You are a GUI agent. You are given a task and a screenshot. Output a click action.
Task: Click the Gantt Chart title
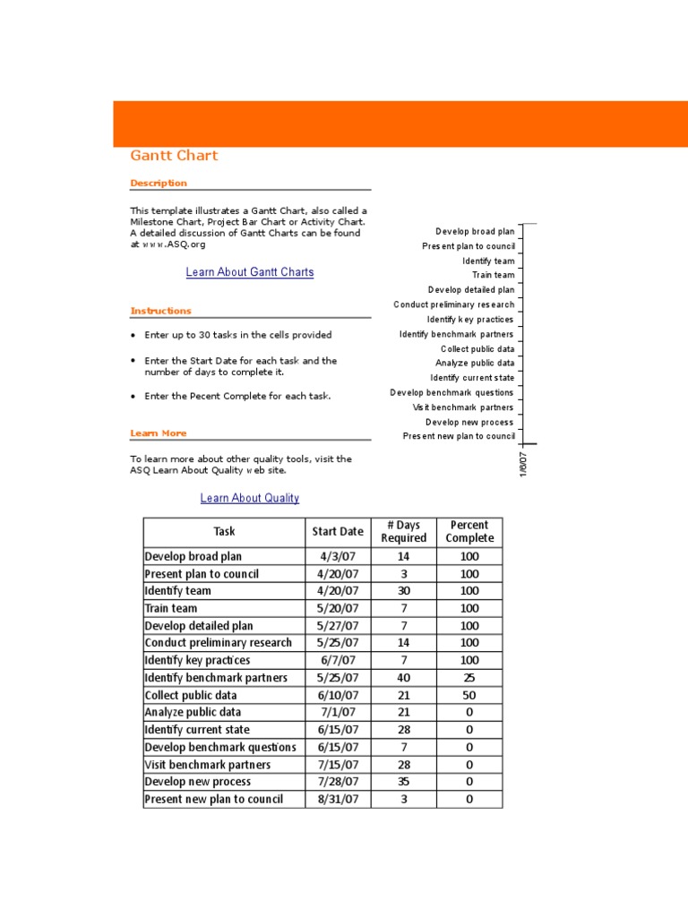tap(174, 156)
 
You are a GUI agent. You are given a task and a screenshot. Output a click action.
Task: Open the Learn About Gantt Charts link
tap(250, 272)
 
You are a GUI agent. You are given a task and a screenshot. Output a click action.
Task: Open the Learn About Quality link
tap(250, 498)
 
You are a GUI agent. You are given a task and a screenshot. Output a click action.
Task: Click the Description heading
tap(159, 183)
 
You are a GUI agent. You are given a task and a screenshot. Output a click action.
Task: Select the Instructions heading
tap(160, 311)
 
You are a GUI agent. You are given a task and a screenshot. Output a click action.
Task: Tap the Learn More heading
tap(159, 433)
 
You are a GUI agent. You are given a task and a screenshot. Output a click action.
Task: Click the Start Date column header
tap(338, 532)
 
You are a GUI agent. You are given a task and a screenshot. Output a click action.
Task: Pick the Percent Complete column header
tap(469, 532)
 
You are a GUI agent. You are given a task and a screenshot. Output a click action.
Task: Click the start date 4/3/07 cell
tap(338, 556)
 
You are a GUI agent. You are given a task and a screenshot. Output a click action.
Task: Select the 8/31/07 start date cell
tap(338, 800)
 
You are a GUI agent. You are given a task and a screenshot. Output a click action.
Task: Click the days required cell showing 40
tap(403, 678)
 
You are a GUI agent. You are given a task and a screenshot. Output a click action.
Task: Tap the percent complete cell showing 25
tap(469, 678)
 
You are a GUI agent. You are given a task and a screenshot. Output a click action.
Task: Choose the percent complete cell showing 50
tap(469, 695)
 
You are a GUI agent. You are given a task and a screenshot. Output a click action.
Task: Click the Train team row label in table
tap(171, 608)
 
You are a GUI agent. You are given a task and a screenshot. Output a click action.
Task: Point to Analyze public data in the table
tap(193, 713)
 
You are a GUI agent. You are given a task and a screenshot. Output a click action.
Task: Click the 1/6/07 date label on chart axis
tap(524, 464)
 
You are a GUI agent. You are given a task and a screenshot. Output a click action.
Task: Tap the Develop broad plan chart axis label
tap(475, 232)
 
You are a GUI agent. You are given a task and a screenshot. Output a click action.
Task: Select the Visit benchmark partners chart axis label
tap(463, 407)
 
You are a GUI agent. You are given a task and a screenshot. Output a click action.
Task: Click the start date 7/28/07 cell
tap(338, 782)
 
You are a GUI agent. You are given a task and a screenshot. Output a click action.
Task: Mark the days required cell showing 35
tap(403, 782)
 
